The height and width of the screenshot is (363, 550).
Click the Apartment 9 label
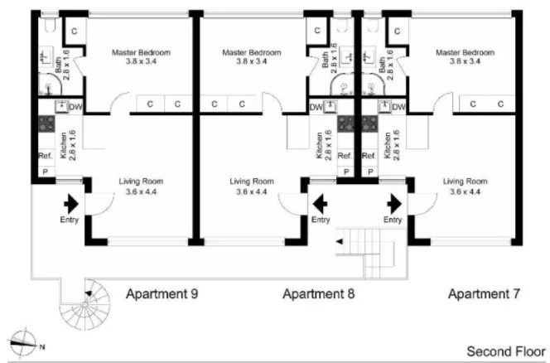pos(162,294)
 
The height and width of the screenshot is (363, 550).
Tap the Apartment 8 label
pos(319,294)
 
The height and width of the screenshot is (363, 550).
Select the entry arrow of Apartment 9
pos(70,203)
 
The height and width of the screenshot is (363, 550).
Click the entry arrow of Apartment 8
pos(319,203)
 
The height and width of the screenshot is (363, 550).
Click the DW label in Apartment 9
pos(75,107)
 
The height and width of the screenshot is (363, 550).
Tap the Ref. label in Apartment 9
pos(45,156)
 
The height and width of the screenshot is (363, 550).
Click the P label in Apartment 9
pos(45,172)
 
